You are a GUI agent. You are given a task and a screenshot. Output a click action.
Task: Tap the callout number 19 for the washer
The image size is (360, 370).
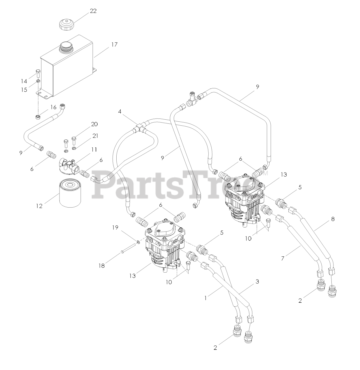[x=115, y=227]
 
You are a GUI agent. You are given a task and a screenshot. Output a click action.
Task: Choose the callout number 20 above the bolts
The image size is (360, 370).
[x=94, y=124]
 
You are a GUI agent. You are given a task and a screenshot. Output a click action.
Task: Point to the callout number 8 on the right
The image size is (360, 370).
[x=333, y=219]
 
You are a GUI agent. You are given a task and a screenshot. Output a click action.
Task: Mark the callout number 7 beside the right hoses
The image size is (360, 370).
[x=283, y=259]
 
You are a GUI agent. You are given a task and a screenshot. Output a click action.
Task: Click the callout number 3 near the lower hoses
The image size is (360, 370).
[x=257, y=281]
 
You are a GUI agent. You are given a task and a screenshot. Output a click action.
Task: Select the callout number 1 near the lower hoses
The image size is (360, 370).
[x=206, y=297]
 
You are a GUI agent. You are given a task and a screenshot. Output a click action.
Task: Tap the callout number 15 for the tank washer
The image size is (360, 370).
[x=24, y=90]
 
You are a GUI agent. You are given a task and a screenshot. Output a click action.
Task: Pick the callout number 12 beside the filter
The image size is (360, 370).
[x=39, y=206]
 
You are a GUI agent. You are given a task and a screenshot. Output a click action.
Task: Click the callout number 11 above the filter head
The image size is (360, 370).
[x=94, y=150]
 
